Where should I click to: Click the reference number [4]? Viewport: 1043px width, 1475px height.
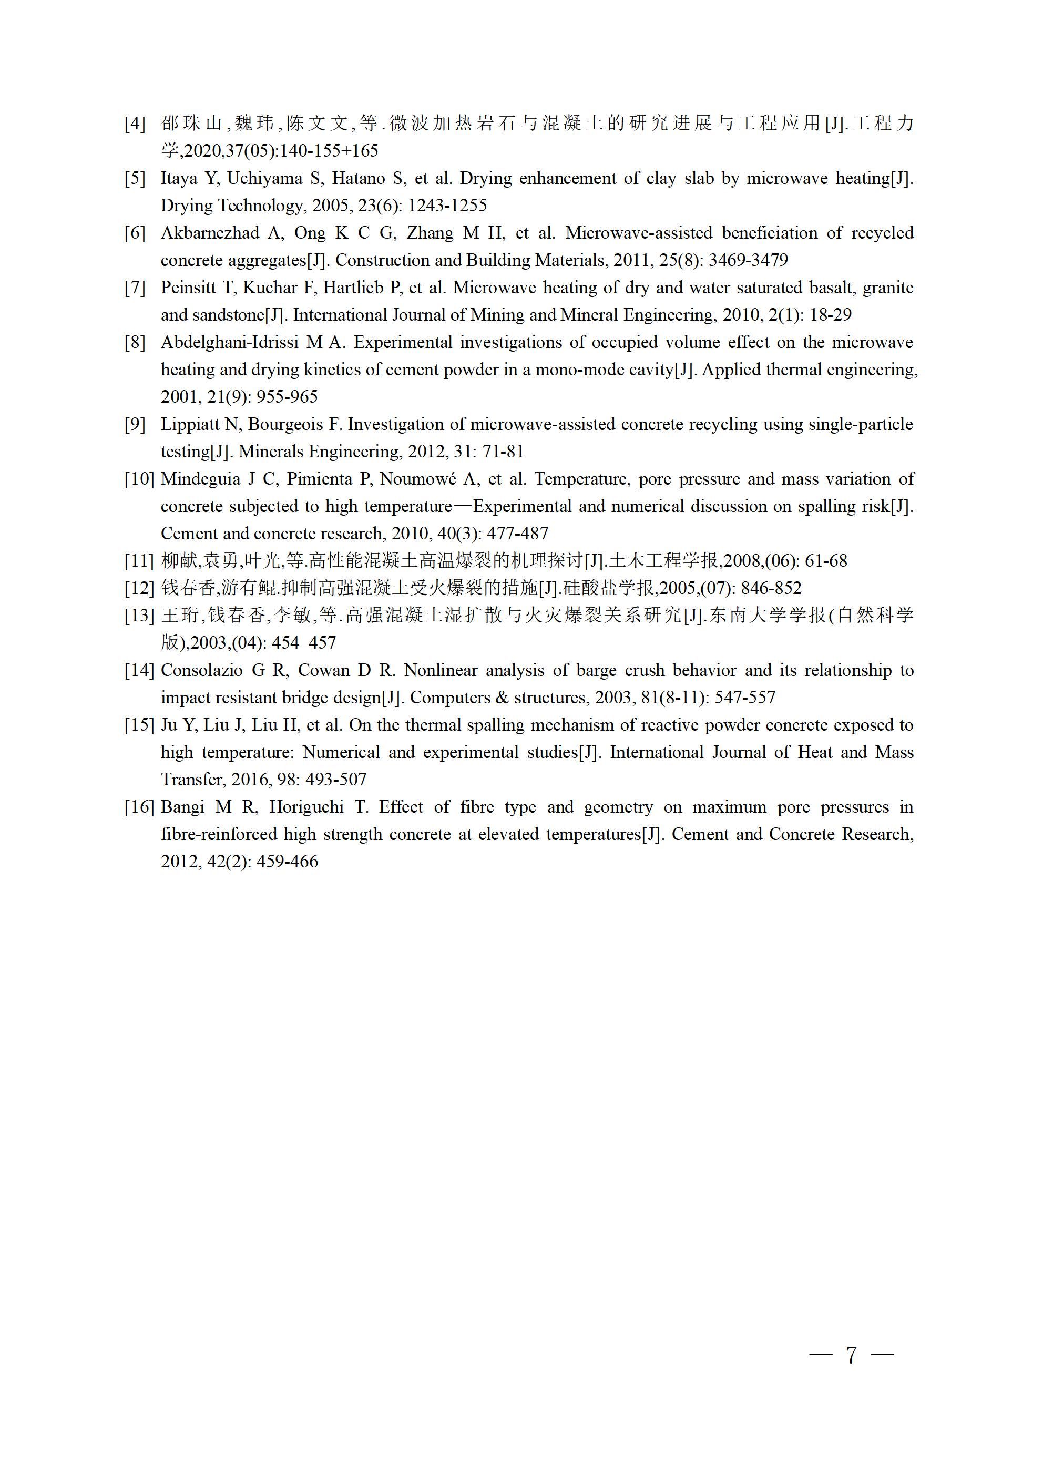point(135,124)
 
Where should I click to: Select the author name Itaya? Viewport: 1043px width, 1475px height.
point(179,179)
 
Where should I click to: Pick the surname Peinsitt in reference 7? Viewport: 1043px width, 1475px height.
point(188,288)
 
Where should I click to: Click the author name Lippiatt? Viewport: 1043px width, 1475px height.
point(185,425)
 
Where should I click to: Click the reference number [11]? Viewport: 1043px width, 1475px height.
point(139,561)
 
